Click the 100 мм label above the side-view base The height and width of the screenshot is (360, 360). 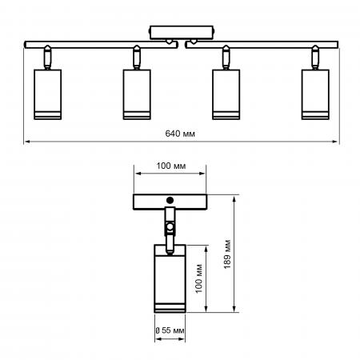point(170,166)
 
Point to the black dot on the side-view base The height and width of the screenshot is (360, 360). point(170,199)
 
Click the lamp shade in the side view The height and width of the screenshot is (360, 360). point(169,280)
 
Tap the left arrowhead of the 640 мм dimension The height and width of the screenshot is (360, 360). point(28,143)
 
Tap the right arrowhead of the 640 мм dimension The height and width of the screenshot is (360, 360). point(335,143)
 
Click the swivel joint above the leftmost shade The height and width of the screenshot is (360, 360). point(46,58)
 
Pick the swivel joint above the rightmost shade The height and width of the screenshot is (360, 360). point(314,58)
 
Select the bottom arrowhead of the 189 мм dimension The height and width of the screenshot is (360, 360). point(234,311)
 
